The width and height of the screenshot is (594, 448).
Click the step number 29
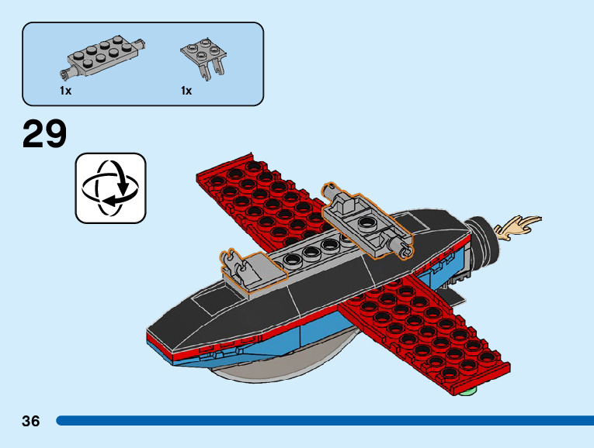(x=44, y=134)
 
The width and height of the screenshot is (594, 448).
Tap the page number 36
(x=30, y=421)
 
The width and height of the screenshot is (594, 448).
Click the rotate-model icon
(x=110, y=188)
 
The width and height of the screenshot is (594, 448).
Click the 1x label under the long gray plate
(x=65, y=91)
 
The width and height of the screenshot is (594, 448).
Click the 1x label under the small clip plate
(x=186, y=91)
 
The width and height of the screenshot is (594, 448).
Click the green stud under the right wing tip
(x=465, y=395)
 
